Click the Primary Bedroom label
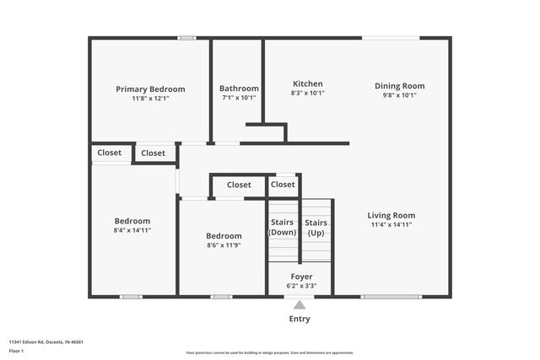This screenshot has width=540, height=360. click(150, 89)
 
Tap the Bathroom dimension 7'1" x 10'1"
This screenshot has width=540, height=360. click(238, 98)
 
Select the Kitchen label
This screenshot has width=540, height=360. click(307, 83)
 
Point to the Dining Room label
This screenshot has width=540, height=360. click(399, 85)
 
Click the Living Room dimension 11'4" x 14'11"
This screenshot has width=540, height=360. click(391, 225)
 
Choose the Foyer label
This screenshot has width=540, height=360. click(301, 276)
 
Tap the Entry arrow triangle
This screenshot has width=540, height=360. click(300, 305)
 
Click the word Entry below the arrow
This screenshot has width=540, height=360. click(300, 319)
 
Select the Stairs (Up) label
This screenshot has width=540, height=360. click(316, 228)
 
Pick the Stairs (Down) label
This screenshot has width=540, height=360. click(282, 228)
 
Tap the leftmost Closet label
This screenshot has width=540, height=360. click(109, 153)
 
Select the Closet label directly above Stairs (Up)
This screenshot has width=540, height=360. click(283, 184)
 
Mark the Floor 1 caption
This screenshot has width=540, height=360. click(16, 351)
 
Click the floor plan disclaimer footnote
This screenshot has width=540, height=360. click(269, 352)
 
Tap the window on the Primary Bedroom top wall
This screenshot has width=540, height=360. click(186, 37)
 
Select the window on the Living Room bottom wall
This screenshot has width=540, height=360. click(391, 296)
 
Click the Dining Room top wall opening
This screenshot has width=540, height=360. click(391, 37)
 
